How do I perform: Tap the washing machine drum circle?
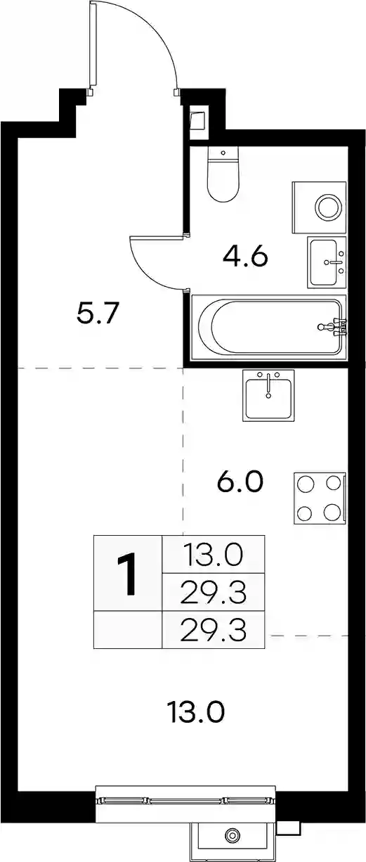point(328,207)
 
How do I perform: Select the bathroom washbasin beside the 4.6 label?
point(327,262)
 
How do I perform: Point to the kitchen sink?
point(268,395)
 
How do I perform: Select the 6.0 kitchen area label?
point(240,482)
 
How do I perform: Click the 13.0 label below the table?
point(196,712)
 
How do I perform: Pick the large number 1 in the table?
point(128,574)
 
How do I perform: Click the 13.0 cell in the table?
point(214,555)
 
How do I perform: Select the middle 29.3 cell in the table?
point(214,592)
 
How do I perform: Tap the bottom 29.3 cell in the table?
point(214,629)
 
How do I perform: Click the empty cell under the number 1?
point(128,629)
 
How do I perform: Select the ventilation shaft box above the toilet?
point(198,120)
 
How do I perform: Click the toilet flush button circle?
point(223,153)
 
